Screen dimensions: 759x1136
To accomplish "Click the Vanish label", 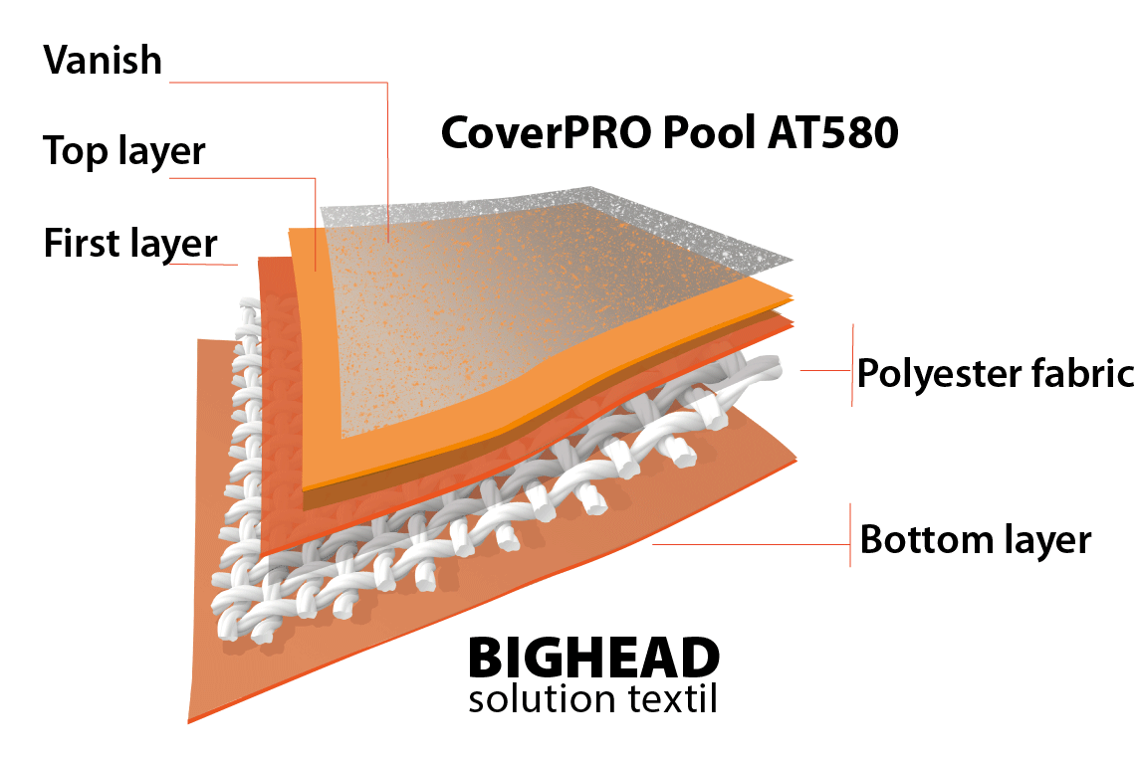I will point(102,61).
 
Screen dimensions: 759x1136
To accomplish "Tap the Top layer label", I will point(124,151).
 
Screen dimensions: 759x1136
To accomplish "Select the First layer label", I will point(129,243).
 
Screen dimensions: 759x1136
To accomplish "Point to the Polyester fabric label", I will point(995,374).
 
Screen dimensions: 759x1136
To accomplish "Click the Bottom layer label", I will point(976,540).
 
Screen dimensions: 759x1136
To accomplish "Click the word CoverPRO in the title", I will point(539,132).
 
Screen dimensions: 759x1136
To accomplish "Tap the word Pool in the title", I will point(702,132).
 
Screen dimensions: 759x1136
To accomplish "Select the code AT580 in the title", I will point(832,132).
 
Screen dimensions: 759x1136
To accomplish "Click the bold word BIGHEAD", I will point(593,658).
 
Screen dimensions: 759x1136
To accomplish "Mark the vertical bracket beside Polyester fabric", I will point(852,364).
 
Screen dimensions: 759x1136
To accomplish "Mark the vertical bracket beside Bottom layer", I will point(849,535).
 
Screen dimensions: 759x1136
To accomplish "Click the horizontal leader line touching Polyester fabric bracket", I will point(824,371).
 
